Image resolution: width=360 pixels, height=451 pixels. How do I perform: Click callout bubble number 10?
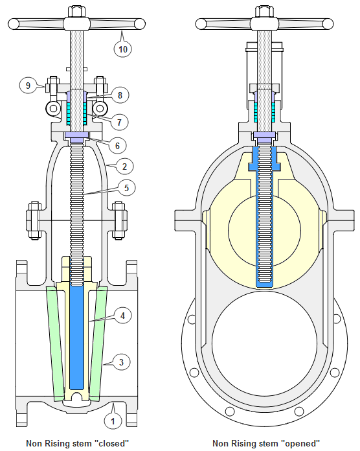tap(122, 48)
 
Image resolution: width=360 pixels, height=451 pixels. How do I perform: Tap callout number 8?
tap(120, 95)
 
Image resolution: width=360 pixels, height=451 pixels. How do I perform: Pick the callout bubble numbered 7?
tap(120, 121)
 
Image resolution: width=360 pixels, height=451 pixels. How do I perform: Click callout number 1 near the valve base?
tap(113, 421)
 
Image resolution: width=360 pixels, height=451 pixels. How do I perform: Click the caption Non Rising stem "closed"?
tap(77, 444)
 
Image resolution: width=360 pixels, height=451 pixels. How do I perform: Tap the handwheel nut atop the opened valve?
tap(267, 12)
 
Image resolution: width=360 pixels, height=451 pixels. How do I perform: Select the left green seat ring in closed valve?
tap(57, 343)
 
